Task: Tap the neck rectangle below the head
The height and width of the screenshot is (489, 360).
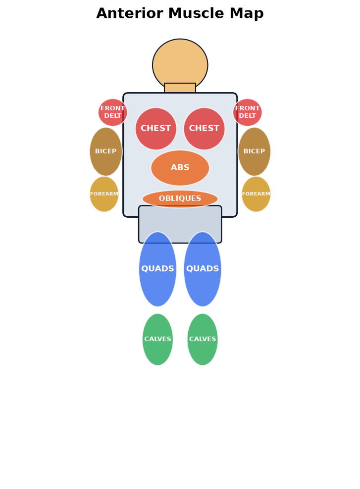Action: [x=180, y=88]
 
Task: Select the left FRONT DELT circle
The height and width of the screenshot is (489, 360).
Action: [x=112, y=112]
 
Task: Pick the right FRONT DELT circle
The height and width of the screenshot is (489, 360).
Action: [x=248, y=112]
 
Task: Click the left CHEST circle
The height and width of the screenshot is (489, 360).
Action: [x=156, y=129]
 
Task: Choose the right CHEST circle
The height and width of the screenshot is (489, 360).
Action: [x=205, y=129]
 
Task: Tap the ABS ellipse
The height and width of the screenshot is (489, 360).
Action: [x=180, y=168]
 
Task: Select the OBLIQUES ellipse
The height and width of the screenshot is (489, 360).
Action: [x=180, y=199]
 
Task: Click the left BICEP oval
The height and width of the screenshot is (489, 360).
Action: [x=106, y=151]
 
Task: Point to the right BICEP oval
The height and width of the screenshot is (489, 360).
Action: [x=254, y=151]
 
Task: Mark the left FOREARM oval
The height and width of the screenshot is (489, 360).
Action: [x=104, y=194]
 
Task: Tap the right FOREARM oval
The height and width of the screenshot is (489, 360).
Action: [x=256, y=194]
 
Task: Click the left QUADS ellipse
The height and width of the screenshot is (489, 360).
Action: [x=157, y=269]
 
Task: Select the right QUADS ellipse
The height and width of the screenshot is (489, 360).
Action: [x=203, y=269]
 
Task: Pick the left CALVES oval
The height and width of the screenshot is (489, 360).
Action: [x=157, y=340]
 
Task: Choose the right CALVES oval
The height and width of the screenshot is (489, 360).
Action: [x=203, y=340]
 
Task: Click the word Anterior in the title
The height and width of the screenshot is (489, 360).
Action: [x=129, y=13]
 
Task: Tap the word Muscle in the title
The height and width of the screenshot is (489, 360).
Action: [x=196, y=13]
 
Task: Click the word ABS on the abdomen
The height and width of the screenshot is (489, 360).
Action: [x=180, y=167]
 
